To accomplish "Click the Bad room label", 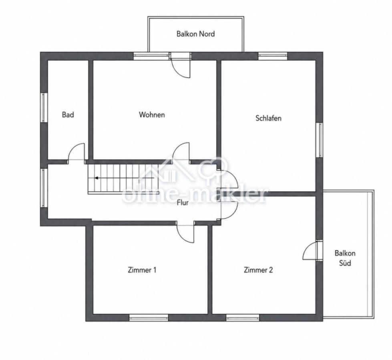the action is coord(68,115).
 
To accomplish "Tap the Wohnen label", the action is coord(152,115).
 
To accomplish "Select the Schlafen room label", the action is coord(268,118).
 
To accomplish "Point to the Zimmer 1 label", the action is coord(142,270).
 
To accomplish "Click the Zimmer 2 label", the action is coord(258,270).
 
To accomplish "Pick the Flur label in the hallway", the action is coord(183,202).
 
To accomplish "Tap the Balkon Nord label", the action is coord(195,34).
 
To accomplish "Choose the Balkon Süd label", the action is coord(345,258).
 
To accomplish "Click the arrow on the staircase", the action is coord(124,178).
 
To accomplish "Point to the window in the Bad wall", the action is coord(44,108).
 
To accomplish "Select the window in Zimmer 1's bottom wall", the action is coord(149,318).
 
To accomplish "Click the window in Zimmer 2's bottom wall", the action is coord(243,318).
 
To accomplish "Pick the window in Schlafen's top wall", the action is coord(273,56).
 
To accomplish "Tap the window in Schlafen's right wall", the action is coord(319,140).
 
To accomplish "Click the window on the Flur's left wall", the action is coord(44,188).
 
